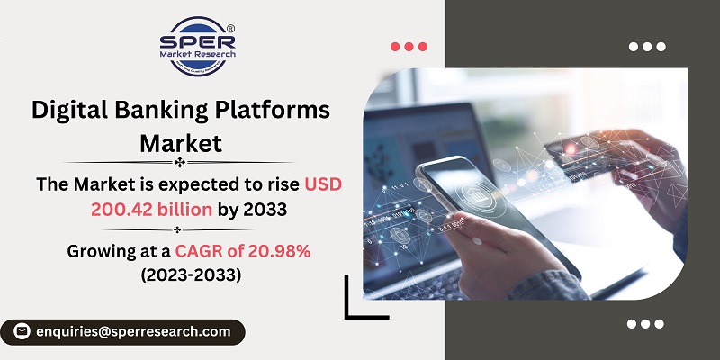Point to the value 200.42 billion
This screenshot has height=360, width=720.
(151, 210)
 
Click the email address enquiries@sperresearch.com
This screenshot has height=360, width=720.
(133, 331)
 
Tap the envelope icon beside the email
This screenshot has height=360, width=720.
(22, 331)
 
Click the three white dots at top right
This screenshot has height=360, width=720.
(645, 46)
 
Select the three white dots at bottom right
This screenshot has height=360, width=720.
(645, 323)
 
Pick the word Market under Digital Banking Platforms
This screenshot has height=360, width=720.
(180, 142)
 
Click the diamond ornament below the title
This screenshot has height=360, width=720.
(180, 163)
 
